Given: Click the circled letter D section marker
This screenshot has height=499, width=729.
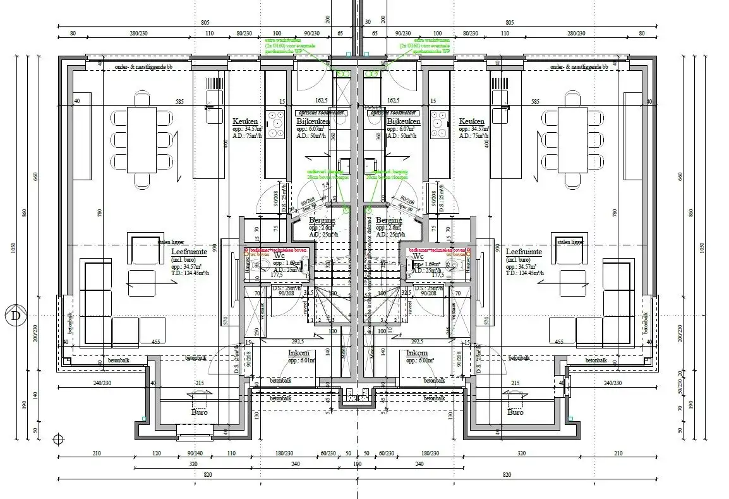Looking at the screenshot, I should click(x=15, y=316).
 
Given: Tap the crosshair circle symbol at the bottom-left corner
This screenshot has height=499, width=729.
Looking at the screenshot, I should click(x=59, y=439).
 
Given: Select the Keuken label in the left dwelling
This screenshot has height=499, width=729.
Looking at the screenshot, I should click(x=244, y=121).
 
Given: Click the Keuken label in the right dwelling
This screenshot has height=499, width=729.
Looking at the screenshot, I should click(x=471, y=121).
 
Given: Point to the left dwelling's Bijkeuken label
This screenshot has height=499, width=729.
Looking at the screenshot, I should click(x=313, y=121).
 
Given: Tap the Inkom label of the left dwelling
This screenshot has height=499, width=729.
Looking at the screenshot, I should click(x=299, y=353).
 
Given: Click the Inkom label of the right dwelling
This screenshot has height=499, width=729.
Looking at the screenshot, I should click(x=417, y=353).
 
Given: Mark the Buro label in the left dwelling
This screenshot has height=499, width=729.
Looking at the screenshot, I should click(x=200, y=412).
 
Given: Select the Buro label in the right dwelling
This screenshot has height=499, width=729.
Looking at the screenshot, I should click(x=515, y=412).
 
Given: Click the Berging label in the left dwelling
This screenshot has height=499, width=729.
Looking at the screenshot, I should click(x=322, y=220).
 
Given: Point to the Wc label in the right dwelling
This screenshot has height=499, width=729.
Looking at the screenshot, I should click(x=418, y=256).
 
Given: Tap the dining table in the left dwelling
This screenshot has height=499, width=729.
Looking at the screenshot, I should click(x=142, y=139).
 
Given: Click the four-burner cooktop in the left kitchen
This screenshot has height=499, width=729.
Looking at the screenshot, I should click(x=275, y=124).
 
